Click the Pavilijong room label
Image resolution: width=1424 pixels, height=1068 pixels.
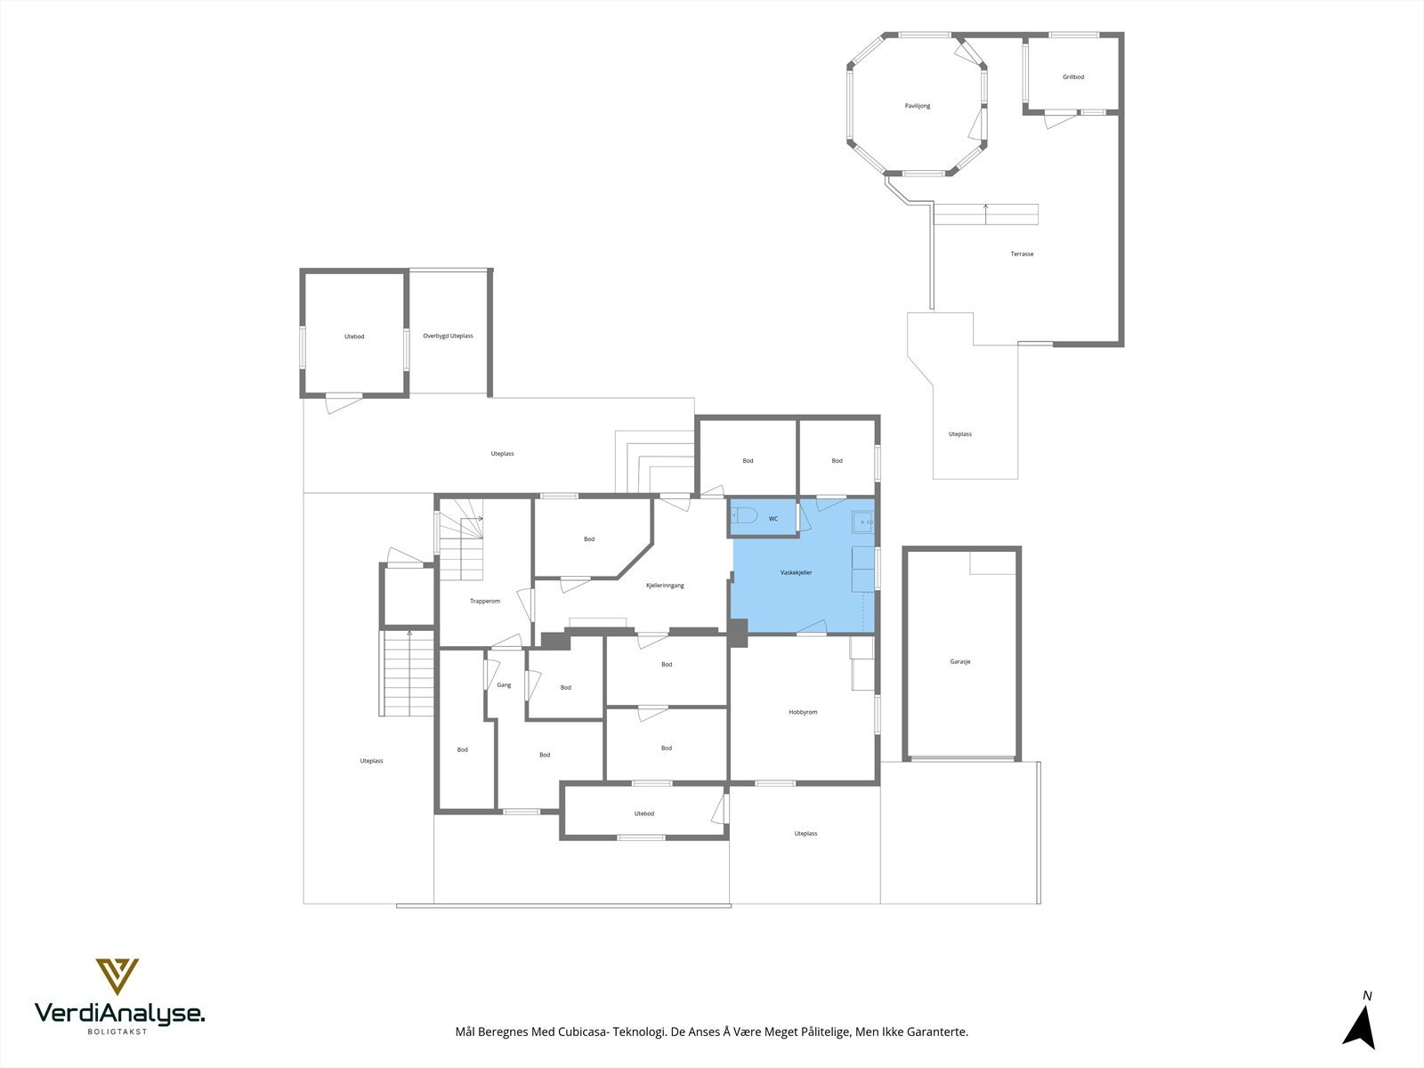point(918,106)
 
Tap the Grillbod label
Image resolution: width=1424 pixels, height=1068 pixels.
point(1073,77)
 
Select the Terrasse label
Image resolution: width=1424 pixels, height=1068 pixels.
point(1022,254)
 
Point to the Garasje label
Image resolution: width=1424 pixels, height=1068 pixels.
point(960,661)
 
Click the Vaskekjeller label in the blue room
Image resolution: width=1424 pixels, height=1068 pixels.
point(796,572)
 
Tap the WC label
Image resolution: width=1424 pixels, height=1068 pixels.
point(773,519)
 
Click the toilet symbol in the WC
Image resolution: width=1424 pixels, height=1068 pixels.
point(744,516)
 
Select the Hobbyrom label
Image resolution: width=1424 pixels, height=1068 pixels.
point(803,712)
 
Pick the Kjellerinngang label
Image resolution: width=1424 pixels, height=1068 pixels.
point(665,586)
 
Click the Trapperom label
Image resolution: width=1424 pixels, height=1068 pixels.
point(485,601)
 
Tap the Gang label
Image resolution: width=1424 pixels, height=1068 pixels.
point(504,684)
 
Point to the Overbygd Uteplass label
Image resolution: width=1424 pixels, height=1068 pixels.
point(449,336)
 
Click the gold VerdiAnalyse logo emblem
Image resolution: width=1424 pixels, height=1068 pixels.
point(117,976)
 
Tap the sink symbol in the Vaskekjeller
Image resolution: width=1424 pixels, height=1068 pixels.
point(862,522)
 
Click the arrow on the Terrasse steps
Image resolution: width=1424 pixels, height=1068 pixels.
point(985,214)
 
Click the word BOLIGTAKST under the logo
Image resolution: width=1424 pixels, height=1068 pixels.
point(117,1031)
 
